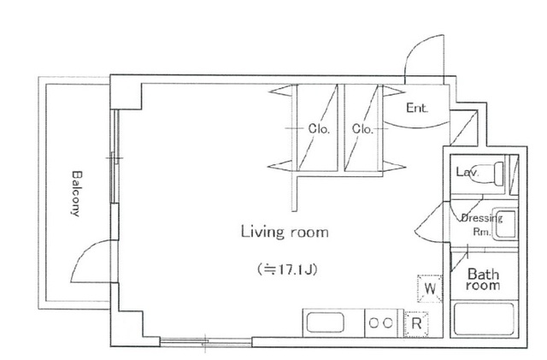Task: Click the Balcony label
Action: coord(76,195)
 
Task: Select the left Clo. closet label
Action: coord(319,130)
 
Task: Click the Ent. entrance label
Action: coord(416,109)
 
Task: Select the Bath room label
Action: coord(482,280)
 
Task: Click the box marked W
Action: coord(429,287)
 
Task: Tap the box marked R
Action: coord(415,323)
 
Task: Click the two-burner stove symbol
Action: coord(381,323)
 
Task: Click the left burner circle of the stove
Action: coord(373,323)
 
